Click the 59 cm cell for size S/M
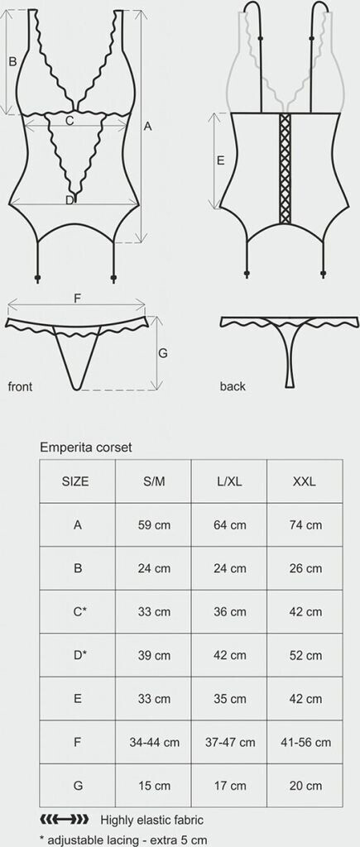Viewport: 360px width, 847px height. click(x=153, y=524)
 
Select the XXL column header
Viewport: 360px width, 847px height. click(x=305, y=481)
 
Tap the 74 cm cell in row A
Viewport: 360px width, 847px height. click(x=305, y=524)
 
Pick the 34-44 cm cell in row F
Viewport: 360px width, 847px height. click(x=153, y=742)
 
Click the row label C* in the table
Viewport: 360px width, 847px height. click(x=77, y=611)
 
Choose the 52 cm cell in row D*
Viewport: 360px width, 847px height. click(x=305, y=655)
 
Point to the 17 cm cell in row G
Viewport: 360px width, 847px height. click(x=228, y=786)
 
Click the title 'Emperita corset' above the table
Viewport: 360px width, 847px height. click(x=86, y=447)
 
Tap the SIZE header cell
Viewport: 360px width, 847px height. click(x=77, y=481)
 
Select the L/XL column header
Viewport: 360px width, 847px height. click(x=228, y=481)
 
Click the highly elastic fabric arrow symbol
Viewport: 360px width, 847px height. click(x=65, y=820)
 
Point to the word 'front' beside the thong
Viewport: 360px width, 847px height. click(x=20, y=386)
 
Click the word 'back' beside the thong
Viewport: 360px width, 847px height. click(x=233, y=386)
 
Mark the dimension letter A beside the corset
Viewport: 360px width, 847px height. click(x=147, y=127)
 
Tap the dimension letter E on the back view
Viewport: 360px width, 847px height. click(x=220, y=160)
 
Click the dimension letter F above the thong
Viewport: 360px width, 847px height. click(x=77, y=298)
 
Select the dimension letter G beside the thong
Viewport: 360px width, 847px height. click(x=163, y=353)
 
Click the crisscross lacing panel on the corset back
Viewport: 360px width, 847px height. click(x=286, y=168)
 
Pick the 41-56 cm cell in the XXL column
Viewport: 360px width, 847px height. click(x=305, y=742)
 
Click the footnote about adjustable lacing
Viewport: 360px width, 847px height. click(x=123, y=840)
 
